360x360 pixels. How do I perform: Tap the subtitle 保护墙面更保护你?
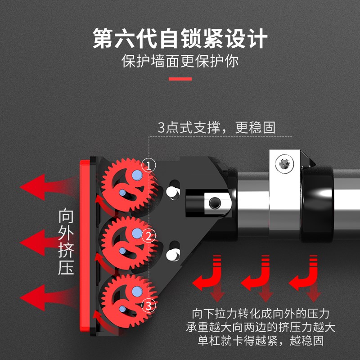click(x=180, y=61)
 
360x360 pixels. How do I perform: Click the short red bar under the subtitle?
click(x=180, y=79)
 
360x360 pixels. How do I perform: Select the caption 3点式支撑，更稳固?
click(x=216, y=127)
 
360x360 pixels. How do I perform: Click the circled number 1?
click(x=149, y=165)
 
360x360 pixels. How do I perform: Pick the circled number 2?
click(x=149, y=235)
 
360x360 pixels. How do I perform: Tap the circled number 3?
click(x=149, y=306)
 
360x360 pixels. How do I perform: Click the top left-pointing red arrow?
click(x=43, y=185)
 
